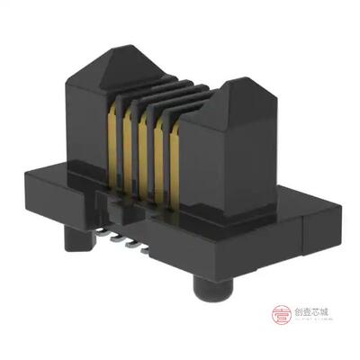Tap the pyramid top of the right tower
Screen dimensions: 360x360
pos(229,86)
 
